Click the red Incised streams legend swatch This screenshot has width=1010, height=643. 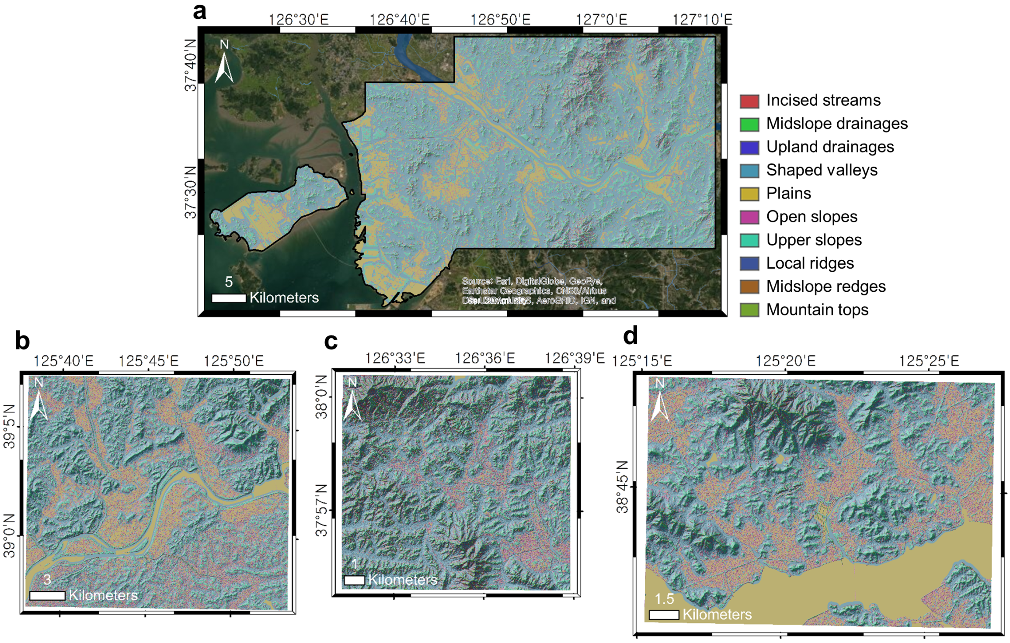point(749,101)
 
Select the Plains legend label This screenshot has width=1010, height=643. point(788,193)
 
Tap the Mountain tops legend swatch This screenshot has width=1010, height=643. point(749,310)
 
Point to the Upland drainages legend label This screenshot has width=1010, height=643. point(830,147)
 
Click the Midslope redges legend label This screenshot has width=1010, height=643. point(825,287)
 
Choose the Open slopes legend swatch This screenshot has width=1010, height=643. point(749,217)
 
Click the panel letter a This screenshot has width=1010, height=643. point(199,12)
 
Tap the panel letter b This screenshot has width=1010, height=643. point(22,341)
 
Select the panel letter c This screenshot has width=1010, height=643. point(331,341)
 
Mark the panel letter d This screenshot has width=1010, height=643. point(630,336)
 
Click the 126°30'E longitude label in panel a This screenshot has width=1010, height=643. point(298,20)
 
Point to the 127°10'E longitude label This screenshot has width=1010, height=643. point(702,20)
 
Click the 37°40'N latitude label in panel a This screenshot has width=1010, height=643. point(191,65)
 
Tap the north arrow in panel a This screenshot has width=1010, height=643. point(224,66)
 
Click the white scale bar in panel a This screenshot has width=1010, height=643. point(229,298)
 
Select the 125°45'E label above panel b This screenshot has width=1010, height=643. point(149,361)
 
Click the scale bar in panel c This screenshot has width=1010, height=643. point(355,580)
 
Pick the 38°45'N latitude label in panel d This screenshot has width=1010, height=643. point(622,487)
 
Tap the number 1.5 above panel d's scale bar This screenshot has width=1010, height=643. point(664,599)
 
